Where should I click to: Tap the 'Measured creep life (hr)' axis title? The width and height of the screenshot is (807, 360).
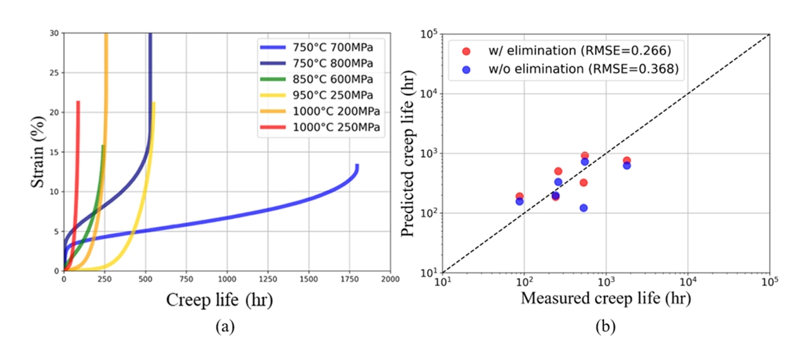point(605,299)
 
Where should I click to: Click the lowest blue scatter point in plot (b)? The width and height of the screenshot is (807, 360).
point(584,208)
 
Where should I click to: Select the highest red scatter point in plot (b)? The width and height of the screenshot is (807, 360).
point(584,156)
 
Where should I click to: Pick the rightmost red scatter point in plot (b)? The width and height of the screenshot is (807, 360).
point(627,161)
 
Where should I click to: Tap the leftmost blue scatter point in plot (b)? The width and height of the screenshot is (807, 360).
point(519,201)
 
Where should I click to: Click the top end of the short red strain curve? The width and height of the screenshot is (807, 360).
point(78,102)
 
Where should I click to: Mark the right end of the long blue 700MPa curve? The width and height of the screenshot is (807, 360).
point(357,166)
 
